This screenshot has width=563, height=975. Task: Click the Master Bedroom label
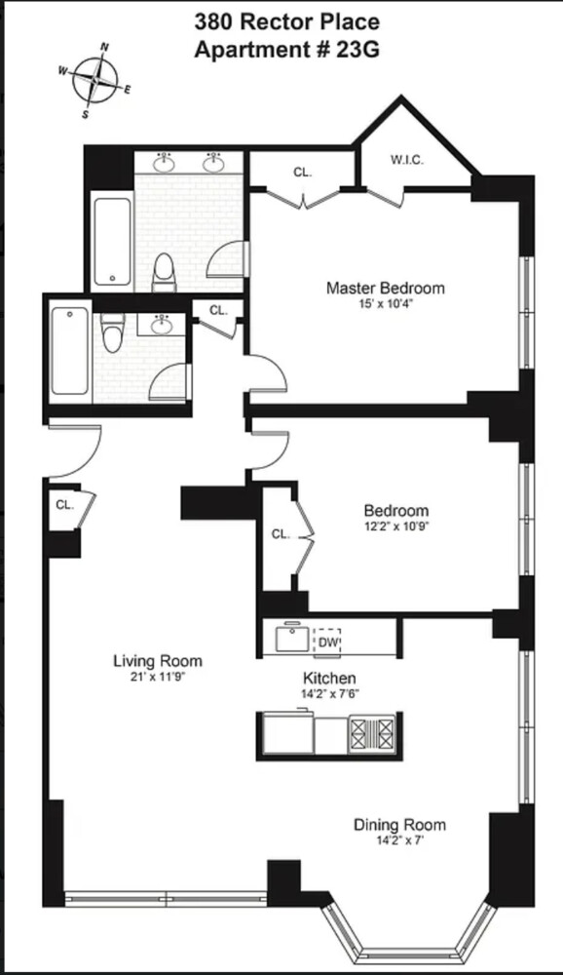(x=385, y=289)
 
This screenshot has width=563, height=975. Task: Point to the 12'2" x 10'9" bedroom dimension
(x=395, y=526)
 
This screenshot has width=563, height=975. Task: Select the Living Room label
(x=158, y=661)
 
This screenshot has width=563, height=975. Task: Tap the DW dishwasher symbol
(x=326, y=642)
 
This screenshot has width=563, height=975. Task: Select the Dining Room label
(x=399, y=825)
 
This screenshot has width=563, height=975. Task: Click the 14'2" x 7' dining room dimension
(x=399, y=840)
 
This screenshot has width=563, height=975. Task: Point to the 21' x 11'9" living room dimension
(x=158, y=677)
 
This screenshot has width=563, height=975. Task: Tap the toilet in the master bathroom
(x=164, y=271)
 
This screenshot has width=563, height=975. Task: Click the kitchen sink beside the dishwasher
(x=290, y=641)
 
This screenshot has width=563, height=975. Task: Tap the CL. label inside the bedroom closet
(x=280, y=533)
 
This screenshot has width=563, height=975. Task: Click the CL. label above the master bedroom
(x=303, y=173)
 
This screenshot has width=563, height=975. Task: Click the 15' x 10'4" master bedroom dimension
(x=385, y=304)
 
